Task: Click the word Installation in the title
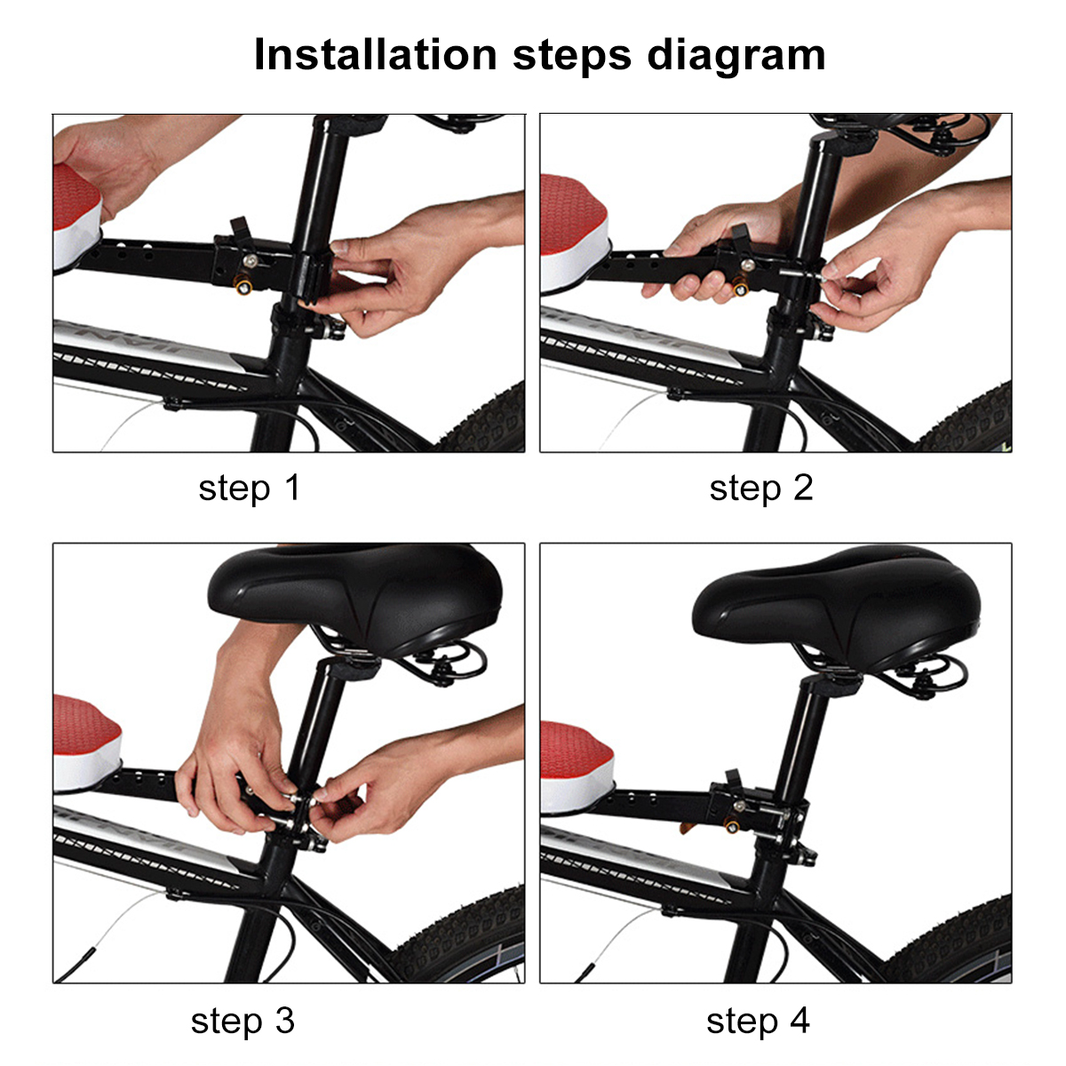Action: [x=374, y=55]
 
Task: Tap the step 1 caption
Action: [x=250, y=488]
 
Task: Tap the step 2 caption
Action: [x=761, y=488]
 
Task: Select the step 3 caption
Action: [x=243, y=1021]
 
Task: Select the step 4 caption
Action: [x=758, y=1021]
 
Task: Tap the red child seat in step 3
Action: [x=84, y=733]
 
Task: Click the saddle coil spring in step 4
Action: [x=933, y=680]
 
